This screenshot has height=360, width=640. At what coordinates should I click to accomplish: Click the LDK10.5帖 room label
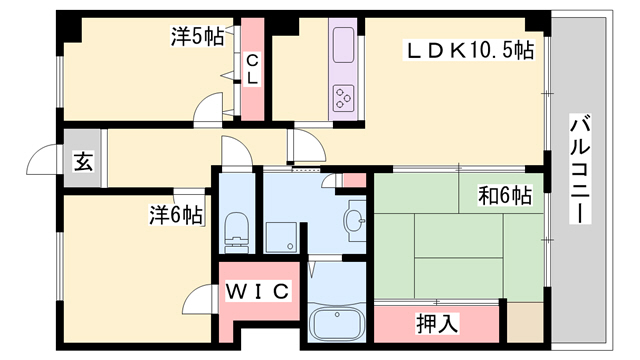coord(468,51)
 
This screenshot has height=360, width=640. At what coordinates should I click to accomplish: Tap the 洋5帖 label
coord(198,36)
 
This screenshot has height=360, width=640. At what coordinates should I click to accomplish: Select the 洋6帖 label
coord(176,215)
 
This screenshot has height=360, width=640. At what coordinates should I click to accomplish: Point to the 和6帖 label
coord(505,196)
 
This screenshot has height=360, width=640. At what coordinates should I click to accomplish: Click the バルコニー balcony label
coord(580,169)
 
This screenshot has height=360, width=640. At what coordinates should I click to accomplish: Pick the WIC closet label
coord(258,291)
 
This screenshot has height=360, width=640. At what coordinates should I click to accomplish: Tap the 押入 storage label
coord(437,323)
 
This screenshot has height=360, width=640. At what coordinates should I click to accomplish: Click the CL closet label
coord(252,70)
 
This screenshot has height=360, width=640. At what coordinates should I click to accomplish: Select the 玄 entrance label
coord(83,161)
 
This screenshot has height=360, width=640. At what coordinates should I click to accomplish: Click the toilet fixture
coord(237,232)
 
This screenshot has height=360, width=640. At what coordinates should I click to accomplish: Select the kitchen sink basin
coord(343,45)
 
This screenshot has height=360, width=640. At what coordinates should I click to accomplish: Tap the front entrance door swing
coord(44,159)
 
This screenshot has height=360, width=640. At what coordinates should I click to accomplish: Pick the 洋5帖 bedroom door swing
coord(208,107)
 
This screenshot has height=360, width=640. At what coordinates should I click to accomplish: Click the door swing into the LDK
coord(307,146)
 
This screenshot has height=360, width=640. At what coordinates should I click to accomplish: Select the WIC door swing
coord(198,299)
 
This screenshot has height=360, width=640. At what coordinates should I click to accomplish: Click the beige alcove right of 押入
coord(525,322)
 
